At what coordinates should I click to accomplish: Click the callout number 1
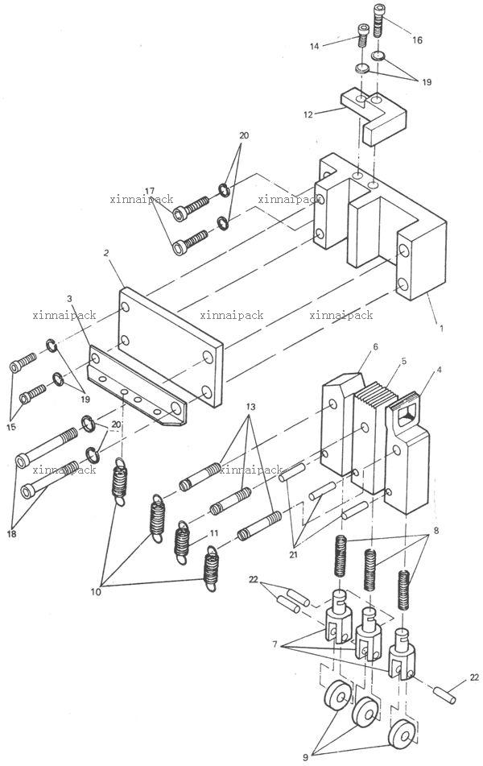tap(441, 329)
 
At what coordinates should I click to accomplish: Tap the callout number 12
tap(308, 115)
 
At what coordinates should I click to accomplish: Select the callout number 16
tap(418, 40)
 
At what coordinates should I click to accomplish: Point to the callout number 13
tap(250, 407)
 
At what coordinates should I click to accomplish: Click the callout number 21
tap(294, 554)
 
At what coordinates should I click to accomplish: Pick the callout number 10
tap(97, 591)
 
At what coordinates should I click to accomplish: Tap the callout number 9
tap(306, 757)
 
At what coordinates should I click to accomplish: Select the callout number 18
tap(11, 533)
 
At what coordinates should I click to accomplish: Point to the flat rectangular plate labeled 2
tap(171, 347)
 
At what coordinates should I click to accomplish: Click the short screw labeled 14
tap(362, 34)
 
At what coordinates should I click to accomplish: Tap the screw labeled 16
tap(379, 20)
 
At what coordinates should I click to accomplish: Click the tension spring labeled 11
tap(182, 542)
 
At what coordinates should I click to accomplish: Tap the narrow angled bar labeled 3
tap(137, 386)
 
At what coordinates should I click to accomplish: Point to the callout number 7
tap(275, 644)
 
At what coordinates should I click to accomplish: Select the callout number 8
tap(436, 530)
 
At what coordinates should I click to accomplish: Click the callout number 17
tap(150, 191)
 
